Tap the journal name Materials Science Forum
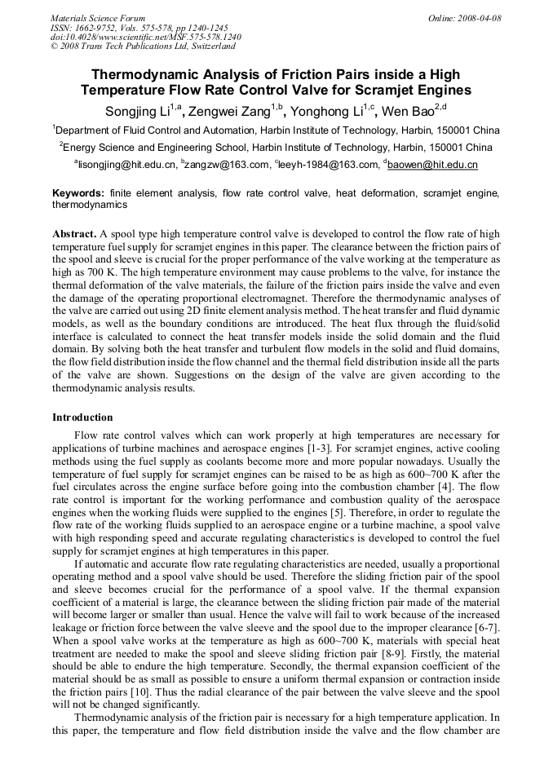coord(98,18)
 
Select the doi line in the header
coord(145,37)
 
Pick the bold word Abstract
coord(74,233)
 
